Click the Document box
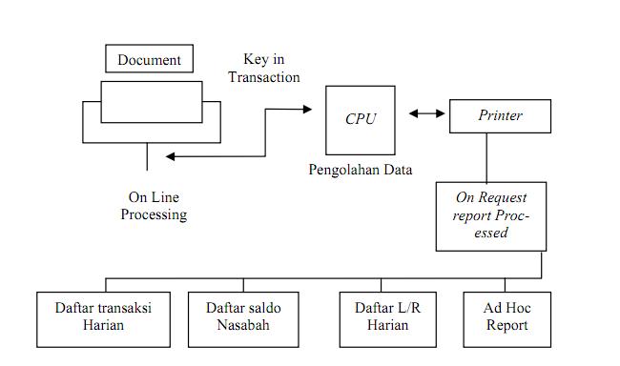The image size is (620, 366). pyautogui.click(x=149, y=60)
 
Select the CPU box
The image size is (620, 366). pyautogui.click(x=360, y=119)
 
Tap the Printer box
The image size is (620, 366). pyautogui.click(x=500, y=116)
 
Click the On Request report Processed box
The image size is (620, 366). pyautogui.click(x=491, y=216)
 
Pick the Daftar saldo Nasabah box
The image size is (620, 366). pyautogui.click(x=243, y=316)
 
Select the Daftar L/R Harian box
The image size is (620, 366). pyautogui.click(x=381, y=316)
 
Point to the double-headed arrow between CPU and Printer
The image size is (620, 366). pyautogui.click(x=427, y=115)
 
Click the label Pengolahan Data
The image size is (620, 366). pyautogui.click(x=360, y=171)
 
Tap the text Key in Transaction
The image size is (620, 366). pyautogui.click(x=264, y=68)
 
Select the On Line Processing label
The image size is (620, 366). pyautogui.click(x=154, y=206)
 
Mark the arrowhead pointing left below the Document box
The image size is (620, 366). pyautogui.click(x=170, y=156)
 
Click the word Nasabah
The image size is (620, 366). pyautogui.click(x=243, y=325)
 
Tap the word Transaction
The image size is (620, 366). pyautogui.click(x=264, y=77)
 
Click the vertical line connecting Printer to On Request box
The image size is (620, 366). pyautogui.click(x=486, y=157)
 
